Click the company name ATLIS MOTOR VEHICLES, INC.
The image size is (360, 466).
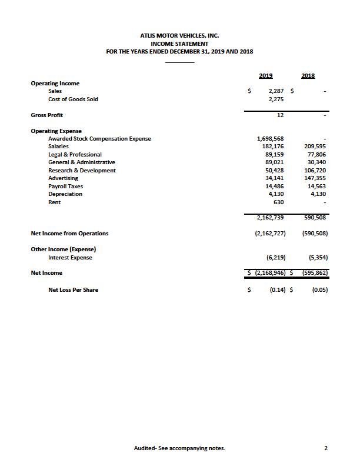coord(179,36)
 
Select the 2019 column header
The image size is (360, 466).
coord(265,75)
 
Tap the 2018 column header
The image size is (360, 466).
coord(308,75)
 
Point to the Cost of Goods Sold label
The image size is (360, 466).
coord(73,99)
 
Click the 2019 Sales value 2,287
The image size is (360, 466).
coord(276,91)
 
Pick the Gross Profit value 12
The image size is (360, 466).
coord(281,115)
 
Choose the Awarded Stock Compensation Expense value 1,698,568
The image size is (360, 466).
coord(271,139)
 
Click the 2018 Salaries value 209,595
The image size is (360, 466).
coord(314,147)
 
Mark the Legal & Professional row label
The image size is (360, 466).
coord(75,155)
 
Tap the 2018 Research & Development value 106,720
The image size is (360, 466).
coord(314,171)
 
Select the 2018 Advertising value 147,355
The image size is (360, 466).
coord(314,178)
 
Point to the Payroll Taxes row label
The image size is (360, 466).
coord(65,187)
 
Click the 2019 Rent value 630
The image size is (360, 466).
coord(279,202)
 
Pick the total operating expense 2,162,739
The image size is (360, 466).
coord(271,218)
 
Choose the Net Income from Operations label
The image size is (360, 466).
coord(69,234)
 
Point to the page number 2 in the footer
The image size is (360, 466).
coord(325,448)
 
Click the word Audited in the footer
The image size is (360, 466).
coord(145,448)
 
